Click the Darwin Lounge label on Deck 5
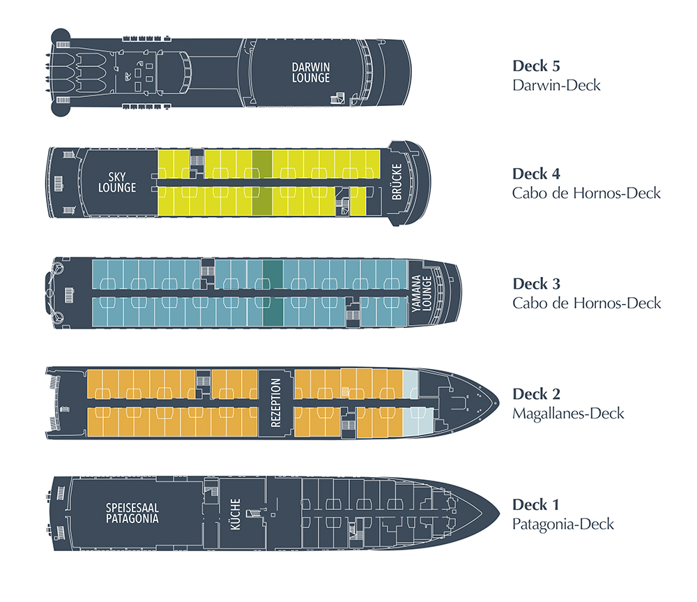[x=311, y=73]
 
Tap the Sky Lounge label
[x=116, y=183]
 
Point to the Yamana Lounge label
[x=422, y=293]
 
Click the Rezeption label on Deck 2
[x=275, y=402]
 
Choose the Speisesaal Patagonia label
[x=132, y=513]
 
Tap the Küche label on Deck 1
[x=235, y=513]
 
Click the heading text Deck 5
[x=536, y=66]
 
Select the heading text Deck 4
[x=536, y=174]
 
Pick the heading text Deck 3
[x=536, y=284]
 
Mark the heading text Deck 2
[x=536, y=394]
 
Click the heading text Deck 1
[x=536, y=504]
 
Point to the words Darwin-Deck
[x=556, y=86]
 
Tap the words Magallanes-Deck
[x=568, y=414]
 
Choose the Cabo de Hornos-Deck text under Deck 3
[x=586, y=303]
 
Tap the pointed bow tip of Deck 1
[x=497, y=513]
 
